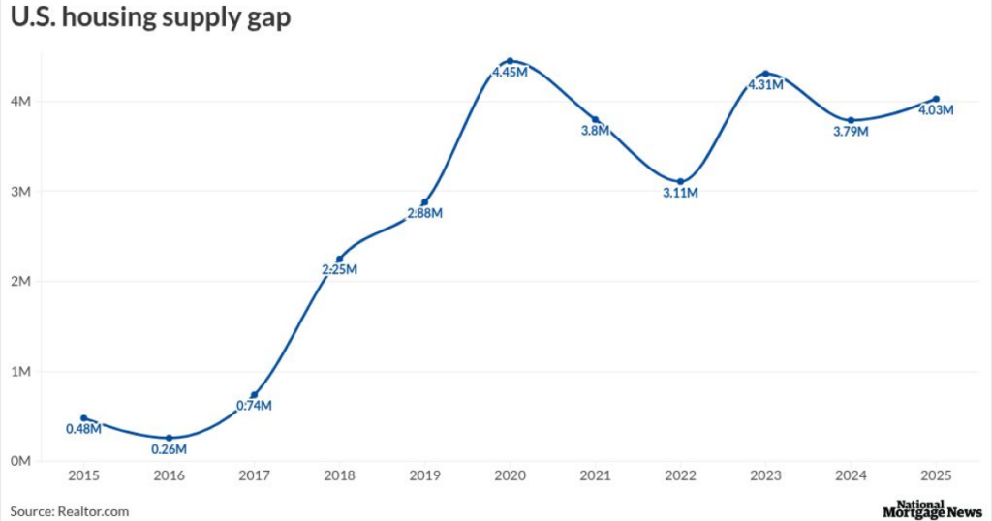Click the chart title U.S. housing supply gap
[x=150, y=18]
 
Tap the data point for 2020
[x=510, y=61]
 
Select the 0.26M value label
[x=169, y=449]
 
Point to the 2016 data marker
[x=169, y=438]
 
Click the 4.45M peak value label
[x=510, y=74]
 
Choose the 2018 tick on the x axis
[x=339, y=476]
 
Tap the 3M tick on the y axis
[x=21, y=192]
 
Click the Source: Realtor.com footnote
[x=70, y=511]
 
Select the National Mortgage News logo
[x=932, y=509]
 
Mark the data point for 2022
[x=680, y=181]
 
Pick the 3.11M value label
[x=680, y=194]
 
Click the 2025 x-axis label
[x=936, y=476]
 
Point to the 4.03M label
[x=936, y=110]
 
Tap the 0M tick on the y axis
[x=21, y=461]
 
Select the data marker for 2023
[x=765, y=74]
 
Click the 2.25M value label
[x=339, y=270]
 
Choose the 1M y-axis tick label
[x=21, y=372]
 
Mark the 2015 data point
[x=83, y=418]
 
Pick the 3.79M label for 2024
[x=851, y=132]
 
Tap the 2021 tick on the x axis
[x=595, y=476]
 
